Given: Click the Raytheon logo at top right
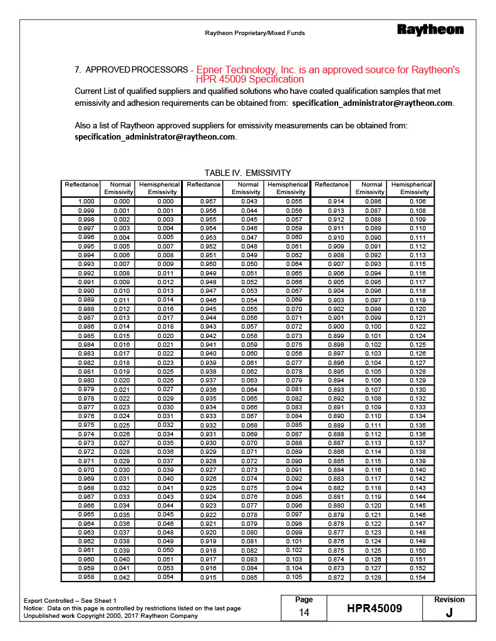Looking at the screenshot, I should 430,29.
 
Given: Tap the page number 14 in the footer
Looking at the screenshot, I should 304,613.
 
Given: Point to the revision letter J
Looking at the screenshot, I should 449,613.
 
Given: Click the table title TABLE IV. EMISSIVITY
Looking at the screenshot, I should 247,173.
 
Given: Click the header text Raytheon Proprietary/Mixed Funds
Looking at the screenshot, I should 255,33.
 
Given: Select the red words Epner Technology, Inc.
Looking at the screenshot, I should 250,70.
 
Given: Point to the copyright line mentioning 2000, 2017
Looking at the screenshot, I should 110,615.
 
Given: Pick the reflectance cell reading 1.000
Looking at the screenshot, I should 86,202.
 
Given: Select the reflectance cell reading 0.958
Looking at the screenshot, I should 86,577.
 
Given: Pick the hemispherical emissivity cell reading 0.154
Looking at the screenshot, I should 418,577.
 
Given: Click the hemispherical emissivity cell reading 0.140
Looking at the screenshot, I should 418,469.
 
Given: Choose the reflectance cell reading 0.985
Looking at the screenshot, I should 86,336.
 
